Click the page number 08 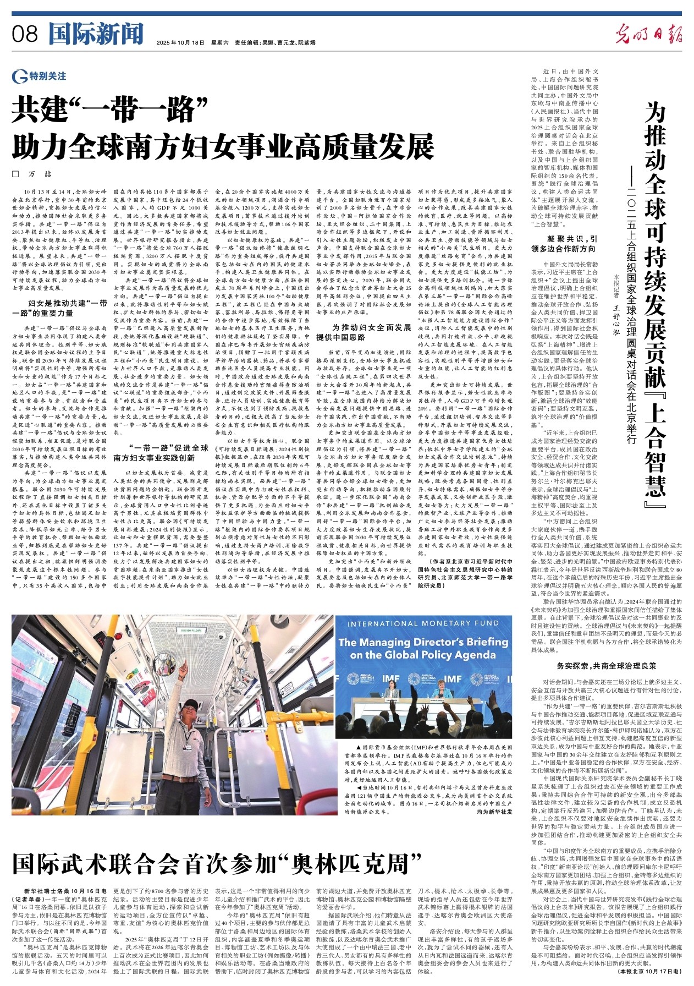point(25,35)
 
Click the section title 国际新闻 point(96,34)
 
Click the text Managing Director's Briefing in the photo point(423,642)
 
